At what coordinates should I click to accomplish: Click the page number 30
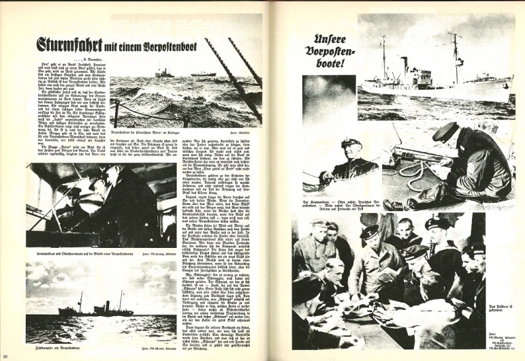pyautogui.click(x=5, y=356)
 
